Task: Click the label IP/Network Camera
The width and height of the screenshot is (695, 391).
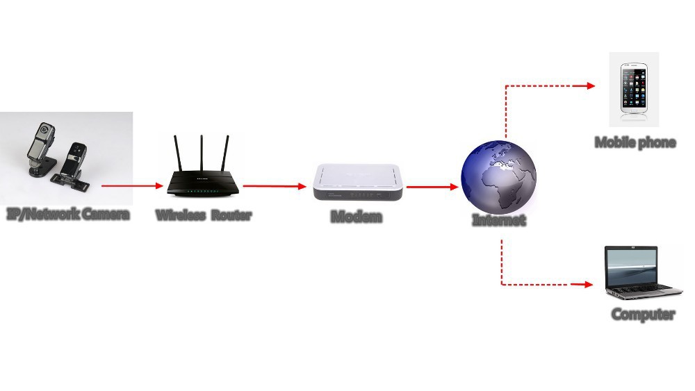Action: (x=68, y=213)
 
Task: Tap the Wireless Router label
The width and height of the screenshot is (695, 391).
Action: (x=203, y=215)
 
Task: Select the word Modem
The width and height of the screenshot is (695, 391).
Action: (x=357, y=217)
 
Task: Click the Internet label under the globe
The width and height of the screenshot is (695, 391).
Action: (x=499, y=220)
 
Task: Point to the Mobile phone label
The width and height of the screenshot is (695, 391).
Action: (x=635, y=142)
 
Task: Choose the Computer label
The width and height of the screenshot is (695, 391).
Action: (x=643, y=314)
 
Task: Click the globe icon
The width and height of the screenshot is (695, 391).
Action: (x=499, y=175)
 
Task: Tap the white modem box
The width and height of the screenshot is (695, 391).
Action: (x=357, y=182)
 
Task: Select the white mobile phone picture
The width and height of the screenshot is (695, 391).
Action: (x=634, y=88)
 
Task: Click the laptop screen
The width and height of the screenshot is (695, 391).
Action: (x=630, y=264)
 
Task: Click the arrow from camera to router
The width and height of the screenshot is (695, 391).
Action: (x=132, y=186)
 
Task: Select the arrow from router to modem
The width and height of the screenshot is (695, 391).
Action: (x=275, y=186)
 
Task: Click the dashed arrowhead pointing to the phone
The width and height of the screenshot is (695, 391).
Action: (x=591, y=85)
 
